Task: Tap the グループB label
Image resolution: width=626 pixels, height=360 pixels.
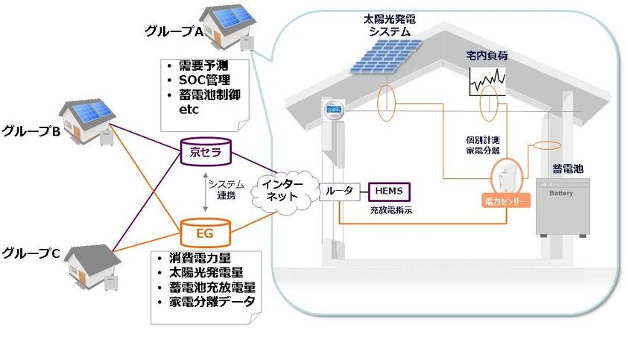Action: (x=31, y=132)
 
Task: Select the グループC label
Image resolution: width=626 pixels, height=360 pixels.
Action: (x=31, y=251)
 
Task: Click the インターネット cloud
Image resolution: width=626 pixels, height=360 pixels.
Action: (x=280, y=191)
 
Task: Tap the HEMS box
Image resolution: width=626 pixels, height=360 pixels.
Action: (x=388, y=191)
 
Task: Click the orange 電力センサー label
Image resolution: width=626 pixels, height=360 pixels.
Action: (x=505, y=201)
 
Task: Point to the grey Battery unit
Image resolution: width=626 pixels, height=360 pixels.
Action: (x=564, y=206)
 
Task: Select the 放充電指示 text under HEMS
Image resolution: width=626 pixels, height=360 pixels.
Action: (x=391, y=211)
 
